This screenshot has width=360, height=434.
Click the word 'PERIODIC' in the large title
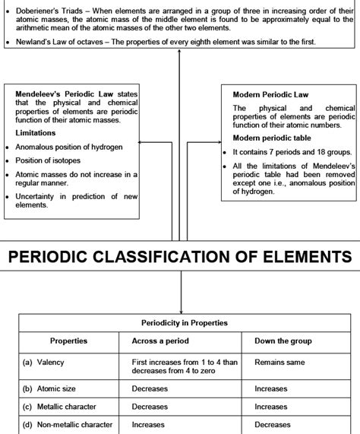70,256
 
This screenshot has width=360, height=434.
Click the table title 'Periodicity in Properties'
184,322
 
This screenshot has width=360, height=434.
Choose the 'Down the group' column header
283,341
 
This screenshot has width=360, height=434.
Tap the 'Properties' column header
68,341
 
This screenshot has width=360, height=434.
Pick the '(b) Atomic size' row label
53,388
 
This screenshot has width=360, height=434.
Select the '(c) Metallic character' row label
66,407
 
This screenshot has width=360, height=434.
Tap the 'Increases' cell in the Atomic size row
271,388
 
